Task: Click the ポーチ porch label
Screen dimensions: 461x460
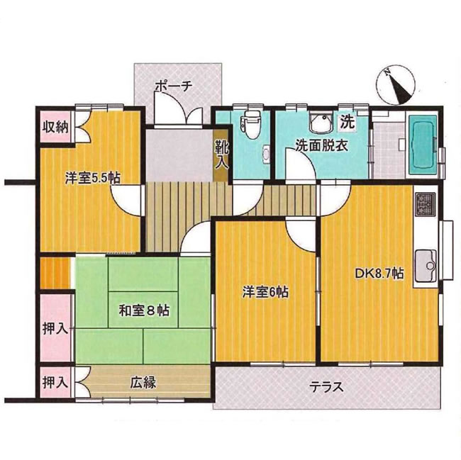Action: [174, 86]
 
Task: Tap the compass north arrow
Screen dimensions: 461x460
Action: [395, 86]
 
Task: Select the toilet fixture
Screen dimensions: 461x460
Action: [249, 125]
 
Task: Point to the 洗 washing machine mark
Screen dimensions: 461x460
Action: [348, 122]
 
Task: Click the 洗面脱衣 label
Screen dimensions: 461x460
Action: [321, 145]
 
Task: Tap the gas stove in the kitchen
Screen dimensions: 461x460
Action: [425, 204]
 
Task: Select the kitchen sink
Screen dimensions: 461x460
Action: [425, 264]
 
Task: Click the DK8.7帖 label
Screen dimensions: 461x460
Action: [379, 274]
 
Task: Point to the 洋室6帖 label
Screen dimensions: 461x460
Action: [265, 292]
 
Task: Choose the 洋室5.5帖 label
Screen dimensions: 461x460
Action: [93, 178]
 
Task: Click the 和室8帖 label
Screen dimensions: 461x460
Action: [144, 310]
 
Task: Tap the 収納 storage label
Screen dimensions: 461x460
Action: [55, 128]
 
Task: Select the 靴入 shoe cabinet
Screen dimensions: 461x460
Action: [221, 155]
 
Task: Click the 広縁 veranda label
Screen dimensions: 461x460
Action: [143, 383]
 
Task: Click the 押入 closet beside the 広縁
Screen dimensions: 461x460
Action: [55, 383]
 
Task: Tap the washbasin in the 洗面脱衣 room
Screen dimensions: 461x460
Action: [321, 122]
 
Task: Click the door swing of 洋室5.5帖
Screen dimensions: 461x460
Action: [125, 200]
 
